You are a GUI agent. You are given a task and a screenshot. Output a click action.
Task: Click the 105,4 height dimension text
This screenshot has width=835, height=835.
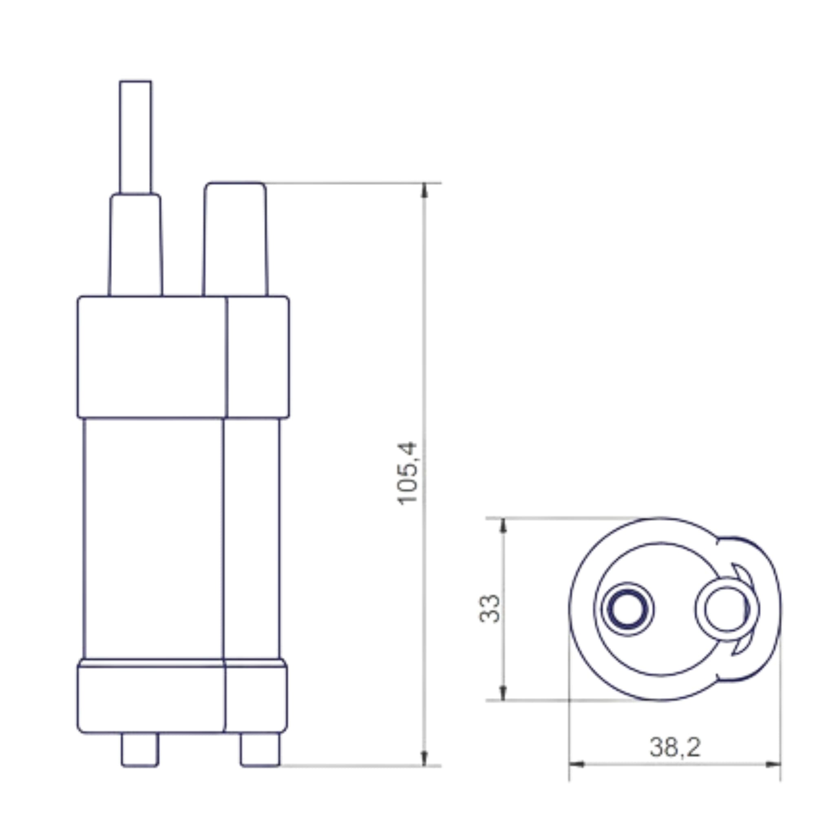[407, 473]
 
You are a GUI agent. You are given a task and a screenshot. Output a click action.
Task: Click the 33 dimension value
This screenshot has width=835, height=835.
[490, 609]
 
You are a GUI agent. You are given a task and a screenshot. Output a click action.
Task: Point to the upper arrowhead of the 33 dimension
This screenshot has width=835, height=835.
[503, 526]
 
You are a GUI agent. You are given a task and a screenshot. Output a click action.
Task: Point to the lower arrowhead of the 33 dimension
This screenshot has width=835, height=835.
[503, 692]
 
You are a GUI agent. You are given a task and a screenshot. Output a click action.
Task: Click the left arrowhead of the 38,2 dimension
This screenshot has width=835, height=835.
[577, 764]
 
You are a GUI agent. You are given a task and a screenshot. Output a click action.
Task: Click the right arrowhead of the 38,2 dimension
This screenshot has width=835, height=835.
[773, 764]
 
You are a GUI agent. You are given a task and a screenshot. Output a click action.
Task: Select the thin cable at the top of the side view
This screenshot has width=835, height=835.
[136, 136]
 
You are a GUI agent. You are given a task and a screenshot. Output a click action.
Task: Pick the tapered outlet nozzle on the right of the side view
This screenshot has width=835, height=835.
[235, 240]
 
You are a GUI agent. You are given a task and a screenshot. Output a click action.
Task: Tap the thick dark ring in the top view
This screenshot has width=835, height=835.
[627, 609]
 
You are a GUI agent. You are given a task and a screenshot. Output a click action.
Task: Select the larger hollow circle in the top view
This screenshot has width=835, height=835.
[727, 609]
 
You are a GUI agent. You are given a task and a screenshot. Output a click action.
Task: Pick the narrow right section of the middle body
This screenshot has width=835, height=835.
[252, 538]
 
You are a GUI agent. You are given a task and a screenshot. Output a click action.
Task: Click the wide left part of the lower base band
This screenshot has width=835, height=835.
[151, 700]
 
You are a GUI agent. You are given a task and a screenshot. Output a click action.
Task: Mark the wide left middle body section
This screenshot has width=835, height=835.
[154, 538]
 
